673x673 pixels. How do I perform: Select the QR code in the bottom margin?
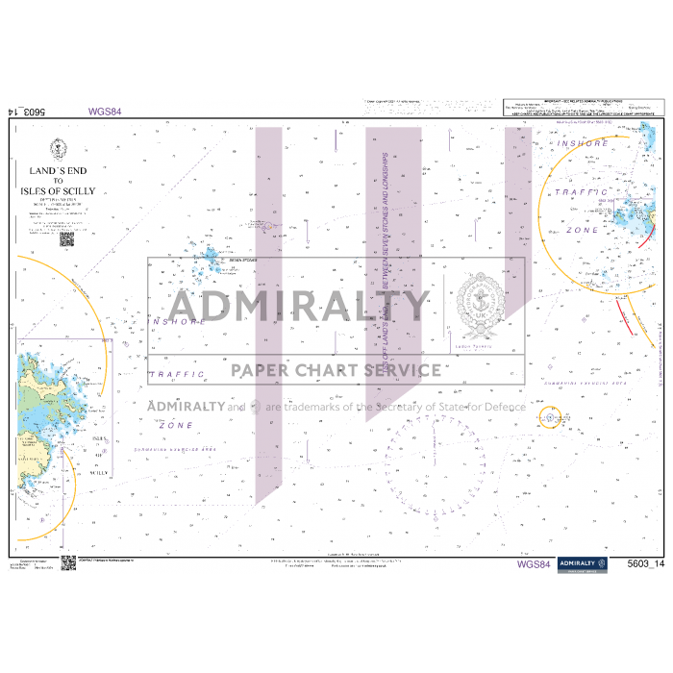[68, 563]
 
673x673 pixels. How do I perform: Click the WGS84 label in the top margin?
[104, 112]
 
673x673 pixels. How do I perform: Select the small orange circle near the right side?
[549, 417]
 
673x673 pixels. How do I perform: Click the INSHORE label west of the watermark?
[178, 320]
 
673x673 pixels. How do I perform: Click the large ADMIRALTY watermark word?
[287, 306]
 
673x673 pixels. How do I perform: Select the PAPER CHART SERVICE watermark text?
[335, 370]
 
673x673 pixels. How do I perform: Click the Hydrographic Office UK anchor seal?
[477, 308]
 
